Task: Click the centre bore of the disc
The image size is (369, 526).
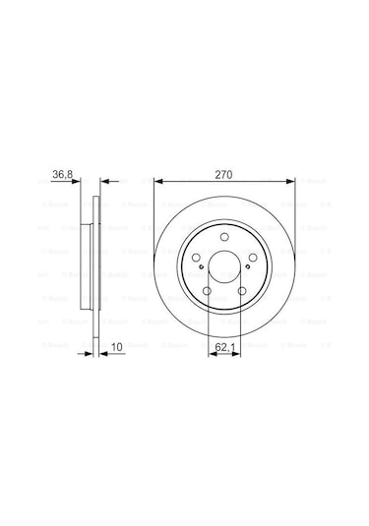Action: pos(226,273)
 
